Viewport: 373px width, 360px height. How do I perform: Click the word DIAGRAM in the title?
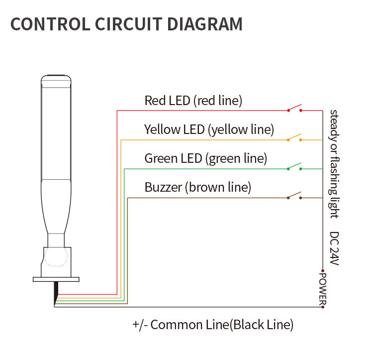[x=204, y=24]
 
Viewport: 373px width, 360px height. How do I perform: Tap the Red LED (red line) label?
[x=193, y=101]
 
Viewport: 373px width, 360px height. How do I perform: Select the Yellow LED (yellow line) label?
[x=209, y=130]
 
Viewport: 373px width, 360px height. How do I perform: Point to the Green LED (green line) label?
[x=206, y=158]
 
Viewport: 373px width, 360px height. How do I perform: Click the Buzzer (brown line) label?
[x=198, y=187]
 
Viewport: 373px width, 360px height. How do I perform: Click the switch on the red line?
[x=294, y=109]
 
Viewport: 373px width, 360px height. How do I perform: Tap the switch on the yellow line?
[x=294, y=137]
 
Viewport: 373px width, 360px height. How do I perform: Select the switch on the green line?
[x=294, y=167]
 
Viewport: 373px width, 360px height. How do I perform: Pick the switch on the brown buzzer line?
[x=294, y=196]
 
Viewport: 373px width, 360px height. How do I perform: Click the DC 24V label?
[x=334, y=248]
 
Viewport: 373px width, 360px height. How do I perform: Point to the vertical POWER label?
[x=323, y=289]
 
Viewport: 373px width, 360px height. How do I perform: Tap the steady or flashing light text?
[x=334, y=164]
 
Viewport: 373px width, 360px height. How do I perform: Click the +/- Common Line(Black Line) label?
[x=213, y=325]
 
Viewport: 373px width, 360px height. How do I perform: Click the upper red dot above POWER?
[x=323, y=271]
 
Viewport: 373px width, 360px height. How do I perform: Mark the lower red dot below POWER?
[x=323, y=307]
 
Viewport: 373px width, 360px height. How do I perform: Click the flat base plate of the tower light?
[x=56, y=279]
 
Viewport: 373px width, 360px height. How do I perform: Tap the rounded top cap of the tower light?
[x=56, y=80]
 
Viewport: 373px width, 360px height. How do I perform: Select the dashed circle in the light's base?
[x=56, y=256]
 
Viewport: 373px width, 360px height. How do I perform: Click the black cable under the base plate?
[x=56, y=292]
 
